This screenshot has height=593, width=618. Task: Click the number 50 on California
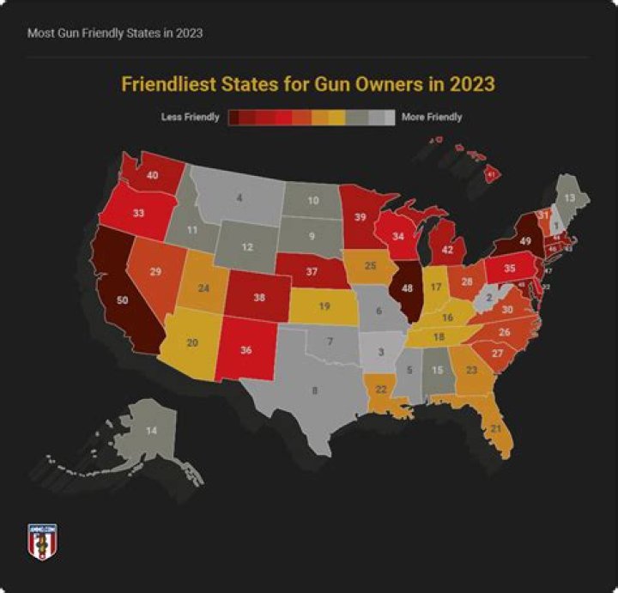tap(123, 300)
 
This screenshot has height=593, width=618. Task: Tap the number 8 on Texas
tap(314, 390)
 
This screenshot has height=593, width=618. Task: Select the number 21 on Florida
tap(495, 427)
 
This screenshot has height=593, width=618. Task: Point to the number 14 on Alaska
tap(152, 429)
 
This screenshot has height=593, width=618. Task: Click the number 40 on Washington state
tap(153, 175)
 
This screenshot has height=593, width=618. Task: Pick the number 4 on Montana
tap(239, 198)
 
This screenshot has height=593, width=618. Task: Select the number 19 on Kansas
tap(324, 306)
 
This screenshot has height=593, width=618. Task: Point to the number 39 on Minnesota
tap(360, 216)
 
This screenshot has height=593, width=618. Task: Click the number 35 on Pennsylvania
tap(509, 268)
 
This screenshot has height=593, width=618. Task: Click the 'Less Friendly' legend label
tap(191, 117)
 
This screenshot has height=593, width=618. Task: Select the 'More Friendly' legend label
tap(432, 117)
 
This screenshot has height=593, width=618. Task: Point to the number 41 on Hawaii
tap(491, 174)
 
